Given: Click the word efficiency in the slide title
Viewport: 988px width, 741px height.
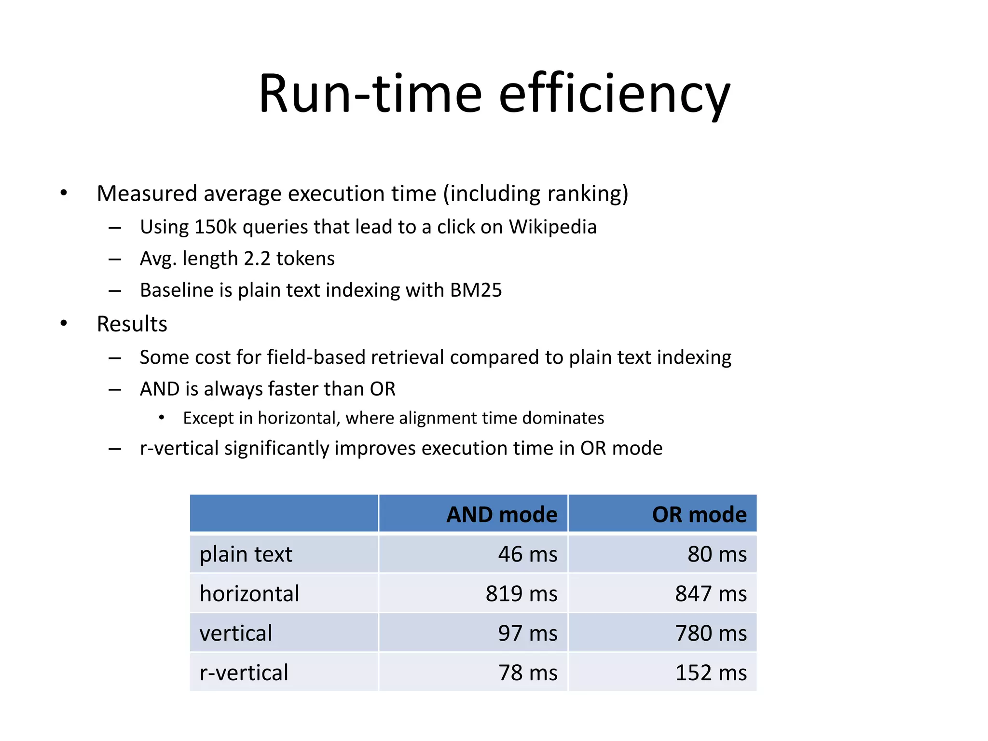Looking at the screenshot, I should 614,94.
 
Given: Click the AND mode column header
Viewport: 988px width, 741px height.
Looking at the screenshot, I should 502,514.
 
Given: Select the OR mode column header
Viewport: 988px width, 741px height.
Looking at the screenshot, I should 699,514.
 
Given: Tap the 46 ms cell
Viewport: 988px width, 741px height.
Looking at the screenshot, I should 528,554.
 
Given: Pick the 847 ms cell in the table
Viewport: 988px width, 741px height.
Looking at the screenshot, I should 711,593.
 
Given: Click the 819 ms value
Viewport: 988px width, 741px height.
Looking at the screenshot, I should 521,593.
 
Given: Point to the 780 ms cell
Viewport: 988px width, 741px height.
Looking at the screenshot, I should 711,633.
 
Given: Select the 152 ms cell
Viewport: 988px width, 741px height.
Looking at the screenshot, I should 711,672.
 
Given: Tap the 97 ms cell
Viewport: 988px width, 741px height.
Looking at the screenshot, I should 528,633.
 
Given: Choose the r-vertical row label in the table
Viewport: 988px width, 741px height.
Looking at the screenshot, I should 244,672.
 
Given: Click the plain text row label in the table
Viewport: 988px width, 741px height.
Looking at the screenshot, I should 246,554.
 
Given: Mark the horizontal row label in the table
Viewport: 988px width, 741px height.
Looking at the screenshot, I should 249,593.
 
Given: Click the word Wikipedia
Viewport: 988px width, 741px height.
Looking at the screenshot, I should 553,227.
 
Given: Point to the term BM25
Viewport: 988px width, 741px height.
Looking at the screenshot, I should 476,290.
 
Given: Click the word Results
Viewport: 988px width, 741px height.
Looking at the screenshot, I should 132,324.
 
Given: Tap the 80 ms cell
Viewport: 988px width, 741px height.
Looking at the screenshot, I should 717,554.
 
